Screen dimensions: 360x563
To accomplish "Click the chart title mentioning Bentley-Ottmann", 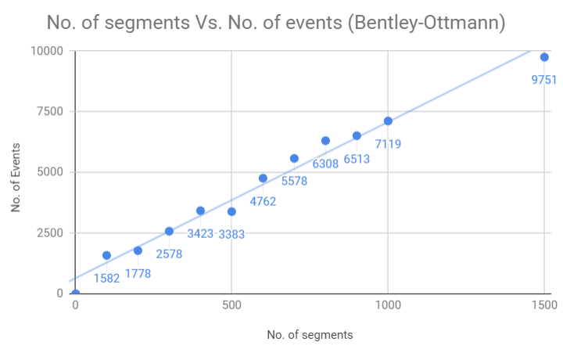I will click(276, 23).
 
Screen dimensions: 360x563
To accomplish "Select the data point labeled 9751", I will click(544, 57).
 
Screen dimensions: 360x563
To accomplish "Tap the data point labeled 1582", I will click(106, 255).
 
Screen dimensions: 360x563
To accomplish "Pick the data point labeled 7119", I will click(388, 121).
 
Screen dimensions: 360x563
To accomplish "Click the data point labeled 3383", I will click(231, 211).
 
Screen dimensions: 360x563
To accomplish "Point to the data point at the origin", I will click(75, 293).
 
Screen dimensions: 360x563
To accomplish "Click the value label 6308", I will click(325, 164).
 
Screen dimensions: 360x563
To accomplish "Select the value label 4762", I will click(263, 201).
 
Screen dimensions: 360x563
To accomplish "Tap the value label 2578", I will click(169, 254).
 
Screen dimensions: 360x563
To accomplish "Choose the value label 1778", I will click(138, 273).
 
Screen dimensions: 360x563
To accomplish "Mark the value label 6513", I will click(357, 159).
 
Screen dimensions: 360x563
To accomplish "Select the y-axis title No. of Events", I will click(16, 172).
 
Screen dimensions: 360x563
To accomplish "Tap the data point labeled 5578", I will click(294, 158).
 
